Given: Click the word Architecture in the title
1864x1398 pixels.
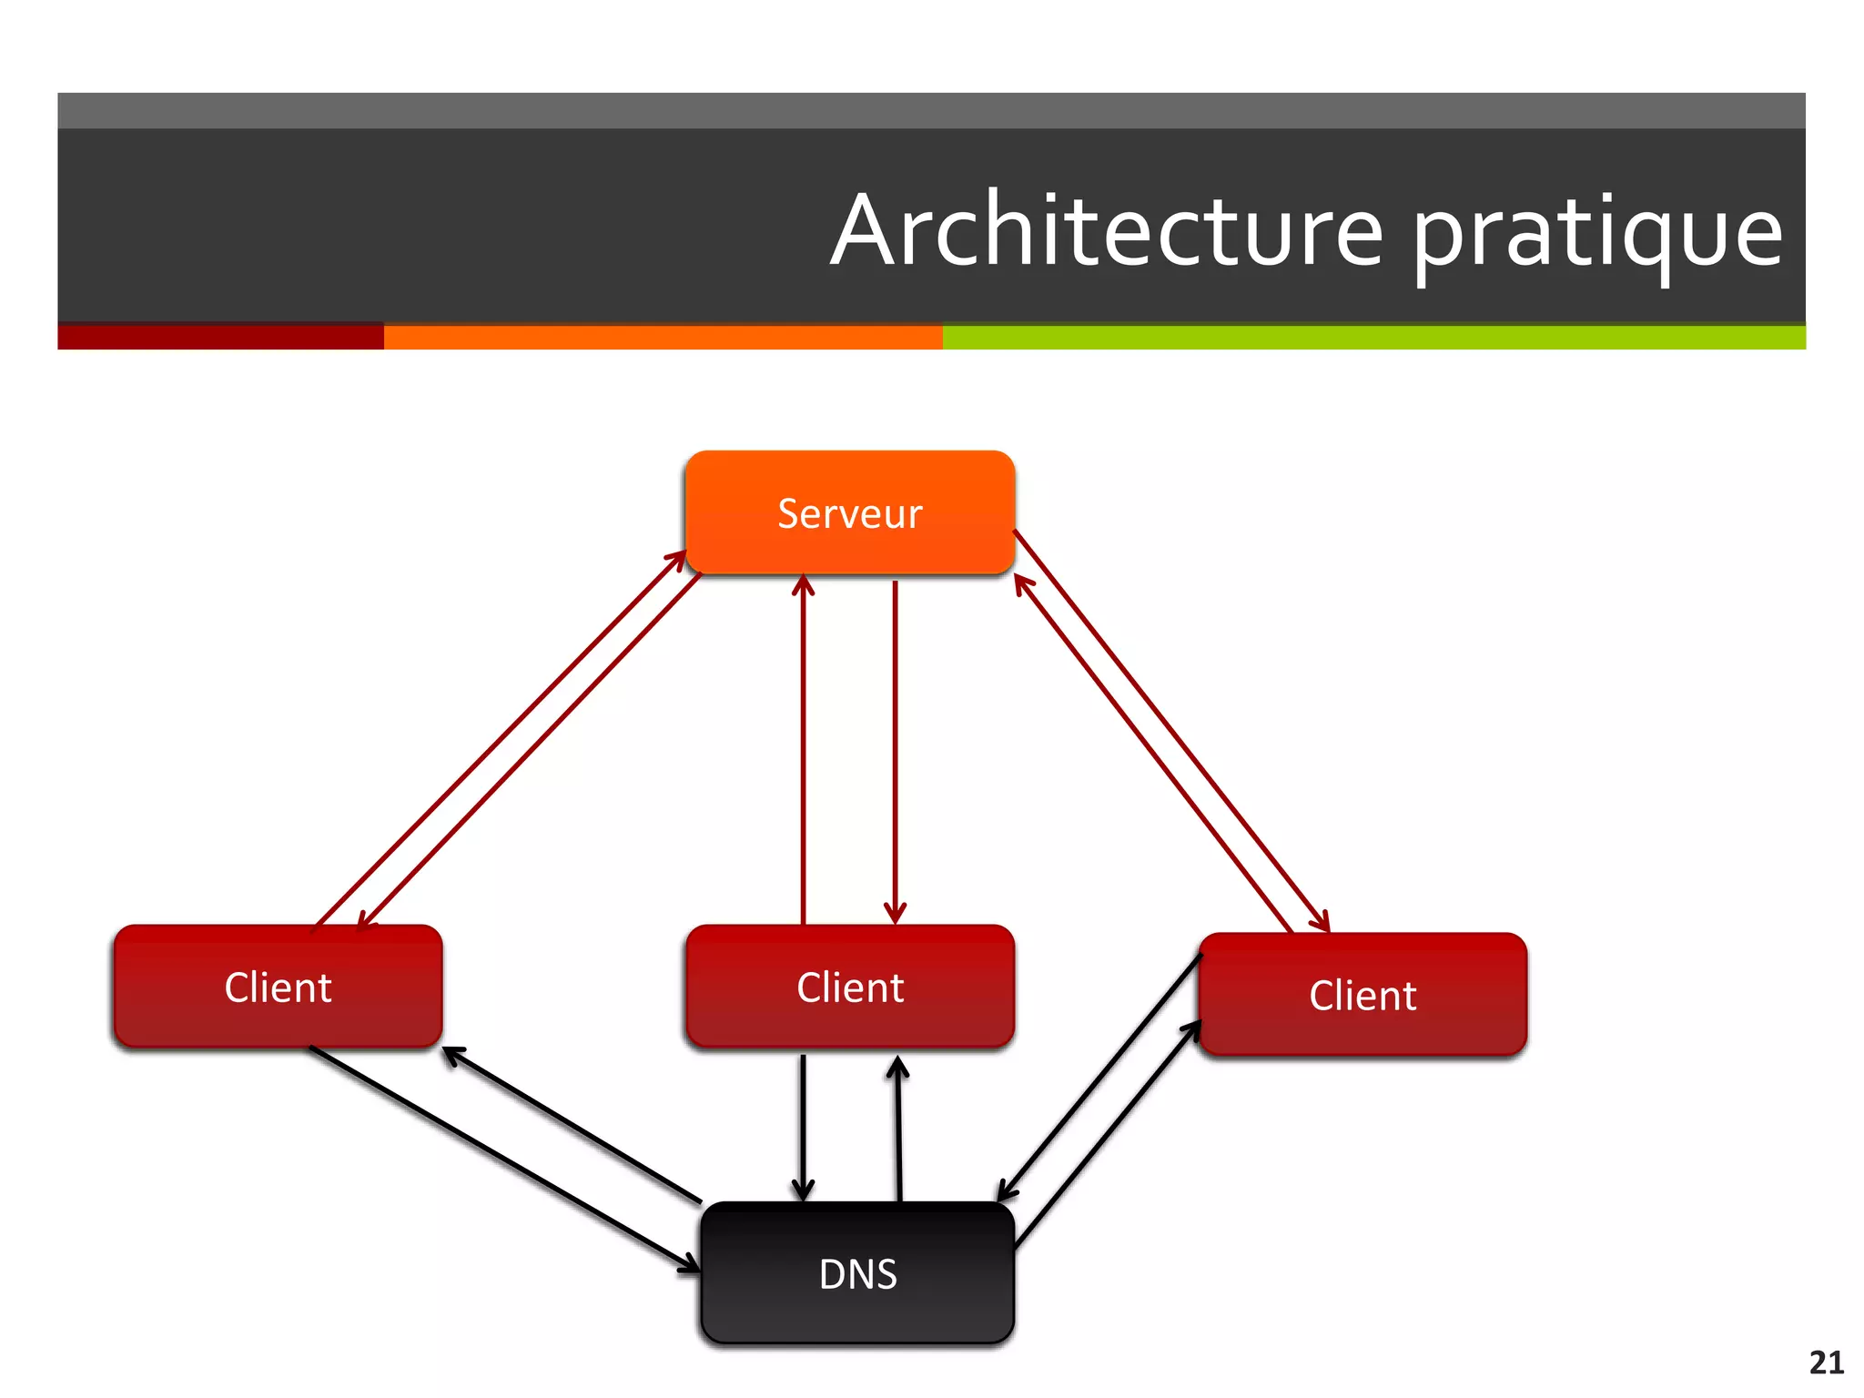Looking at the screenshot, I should (x=1107, y=231).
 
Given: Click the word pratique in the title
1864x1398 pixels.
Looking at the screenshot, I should (x=1597, y=235).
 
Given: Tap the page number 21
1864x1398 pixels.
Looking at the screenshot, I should (x=1826, y=1363).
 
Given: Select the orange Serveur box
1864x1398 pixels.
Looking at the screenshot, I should (x=849, y=513).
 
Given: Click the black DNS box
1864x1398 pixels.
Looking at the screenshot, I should (x=857, y=1273).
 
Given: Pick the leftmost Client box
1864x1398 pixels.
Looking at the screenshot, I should (x=278, y=988).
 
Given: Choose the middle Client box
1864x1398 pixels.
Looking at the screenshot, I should (x=850, y=988).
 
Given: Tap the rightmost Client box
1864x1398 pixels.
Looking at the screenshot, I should (x=1363, y=996).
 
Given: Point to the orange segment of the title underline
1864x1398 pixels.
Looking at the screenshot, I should (x=663, y=337).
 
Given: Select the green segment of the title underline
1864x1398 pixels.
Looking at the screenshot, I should (x=1373, y=337).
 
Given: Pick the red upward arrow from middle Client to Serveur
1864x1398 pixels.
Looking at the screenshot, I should (x=803, y=746).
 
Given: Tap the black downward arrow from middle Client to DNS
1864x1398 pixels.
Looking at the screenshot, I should (x=803, y=1129).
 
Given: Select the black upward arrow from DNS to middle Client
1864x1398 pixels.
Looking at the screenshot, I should (x=898, y=1129).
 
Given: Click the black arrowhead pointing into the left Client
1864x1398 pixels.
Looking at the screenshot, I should (x=451, y=1055).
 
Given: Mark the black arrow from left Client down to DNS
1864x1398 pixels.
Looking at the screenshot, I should (x=501, y=1156).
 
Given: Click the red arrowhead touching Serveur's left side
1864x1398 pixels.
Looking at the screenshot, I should (x=677, y=558).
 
